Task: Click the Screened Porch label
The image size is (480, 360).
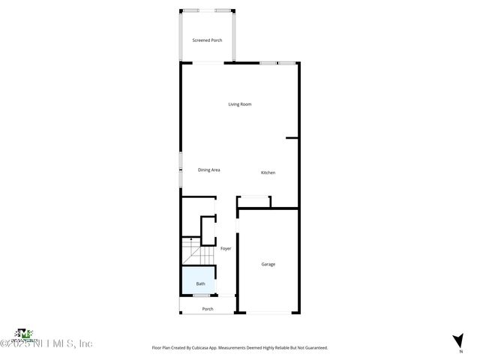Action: (207, 40)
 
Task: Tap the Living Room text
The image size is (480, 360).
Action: (240, 104)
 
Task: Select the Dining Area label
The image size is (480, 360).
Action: (208, 170)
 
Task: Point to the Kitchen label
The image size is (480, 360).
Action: (268, 173)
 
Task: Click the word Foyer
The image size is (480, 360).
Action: (226, 248)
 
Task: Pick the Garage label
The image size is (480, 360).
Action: (268, 264)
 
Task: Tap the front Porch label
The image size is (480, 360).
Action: (208, 309)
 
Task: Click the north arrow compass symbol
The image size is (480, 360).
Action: (457, 340)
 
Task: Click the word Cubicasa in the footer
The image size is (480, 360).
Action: (210, 348)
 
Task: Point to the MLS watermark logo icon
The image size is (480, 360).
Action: (25, 333)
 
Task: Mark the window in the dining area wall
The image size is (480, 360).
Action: (180, 169)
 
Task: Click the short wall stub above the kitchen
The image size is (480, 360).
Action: (292, 138)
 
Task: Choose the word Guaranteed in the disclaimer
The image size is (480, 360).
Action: (316, 348)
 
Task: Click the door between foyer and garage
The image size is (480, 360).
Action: (238, 226)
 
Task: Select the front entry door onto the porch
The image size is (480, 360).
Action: (226, 296)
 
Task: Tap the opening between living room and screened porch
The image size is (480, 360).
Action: (207, 62)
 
